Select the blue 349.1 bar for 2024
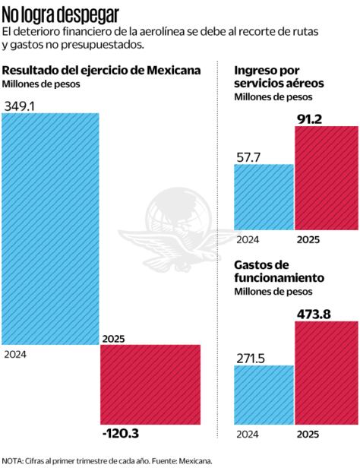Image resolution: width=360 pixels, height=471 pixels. pyautogui.click(x=50, y=228)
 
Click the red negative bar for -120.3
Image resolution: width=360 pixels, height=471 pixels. pyautogui.click(x=150, y=384)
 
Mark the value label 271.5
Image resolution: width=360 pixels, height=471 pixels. pyautogui.click(x=253, y=356)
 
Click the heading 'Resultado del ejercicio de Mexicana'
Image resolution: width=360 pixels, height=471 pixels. pyautogui.click(x=102, y=70)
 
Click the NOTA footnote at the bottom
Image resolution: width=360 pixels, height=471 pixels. pyautogui.click(x=107, y=460)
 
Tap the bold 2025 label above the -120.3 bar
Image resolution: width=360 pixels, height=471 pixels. pyautogui.click(x=112, y=339)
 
